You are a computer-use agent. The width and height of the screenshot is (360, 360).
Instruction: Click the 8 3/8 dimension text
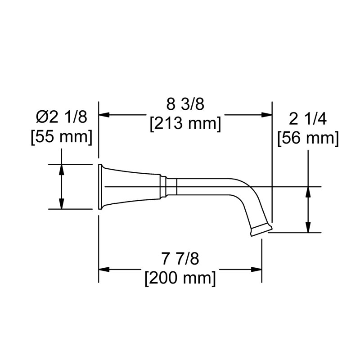[x=185, y=104]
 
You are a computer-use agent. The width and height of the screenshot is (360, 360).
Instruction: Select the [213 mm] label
[x=185, y=124]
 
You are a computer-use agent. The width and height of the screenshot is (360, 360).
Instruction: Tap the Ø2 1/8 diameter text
[x=62, y=117]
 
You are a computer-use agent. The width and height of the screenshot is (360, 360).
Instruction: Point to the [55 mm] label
[x=62, y=137]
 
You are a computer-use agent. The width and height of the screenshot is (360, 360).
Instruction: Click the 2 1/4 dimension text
[x=308, y=119]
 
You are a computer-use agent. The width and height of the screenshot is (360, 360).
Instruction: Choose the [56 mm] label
[x=308, y=139]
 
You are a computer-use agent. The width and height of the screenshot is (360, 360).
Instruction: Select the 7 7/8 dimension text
[x=180, y=259]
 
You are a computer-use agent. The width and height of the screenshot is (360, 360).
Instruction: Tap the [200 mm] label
[x=180, y=279]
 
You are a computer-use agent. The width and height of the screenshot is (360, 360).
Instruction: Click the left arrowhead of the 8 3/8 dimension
[x=104, y=115]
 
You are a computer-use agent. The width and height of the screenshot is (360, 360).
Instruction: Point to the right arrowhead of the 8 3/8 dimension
[x=267, y=115]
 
